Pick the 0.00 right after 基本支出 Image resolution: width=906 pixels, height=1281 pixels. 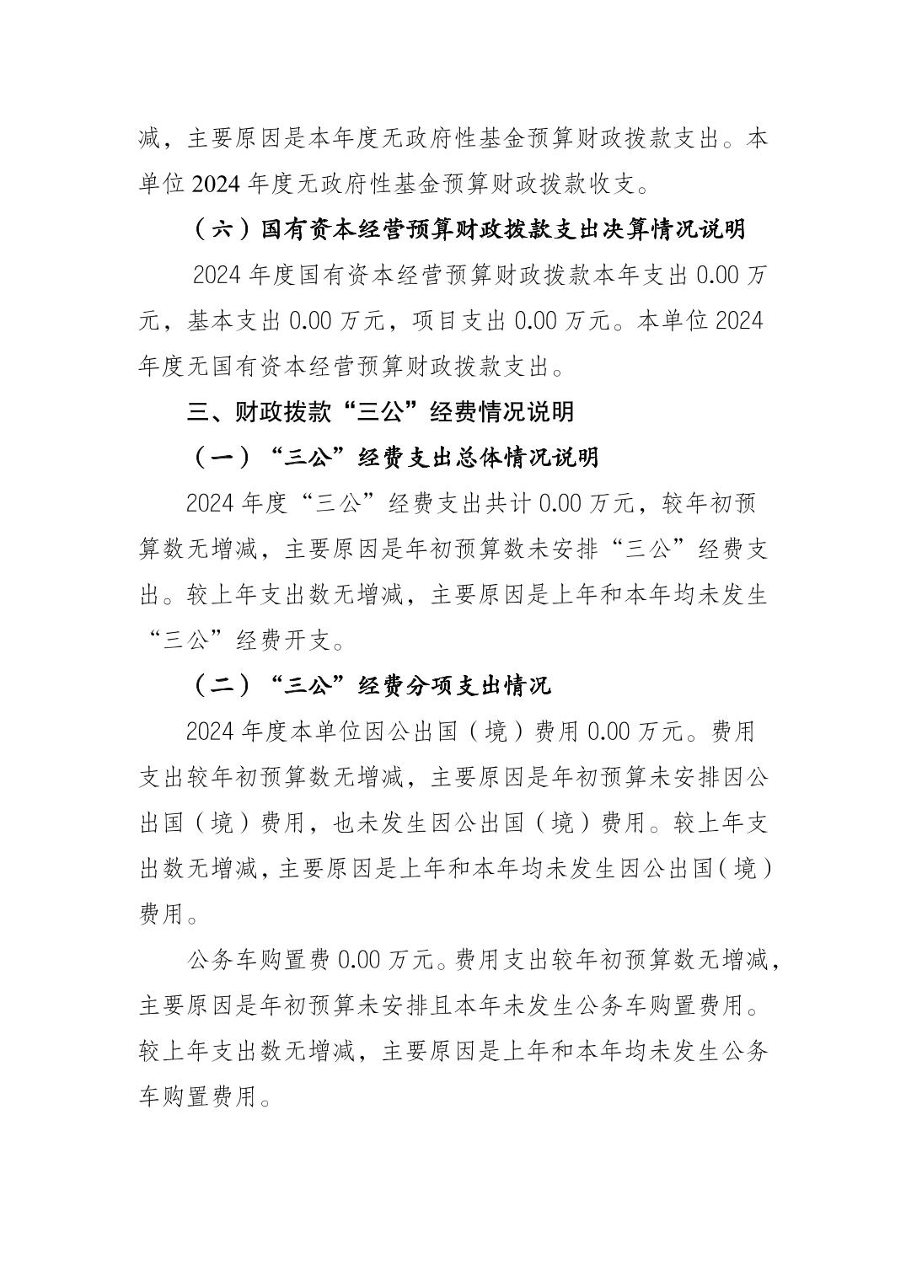[314, 321]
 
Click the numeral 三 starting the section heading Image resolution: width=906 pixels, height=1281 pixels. [198, 411]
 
